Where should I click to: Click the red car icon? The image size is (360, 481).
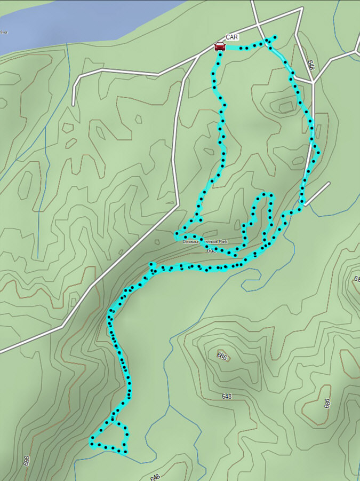220,46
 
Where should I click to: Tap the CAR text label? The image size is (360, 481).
231,37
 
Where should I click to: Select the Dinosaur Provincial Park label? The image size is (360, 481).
205,242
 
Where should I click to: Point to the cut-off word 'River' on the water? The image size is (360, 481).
4,32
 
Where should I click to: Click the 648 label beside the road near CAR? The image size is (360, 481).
310,65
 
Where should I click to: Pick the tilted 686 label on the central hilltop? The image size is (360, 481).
222,356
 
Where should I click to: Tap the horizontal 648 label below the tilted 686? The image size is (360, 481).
227,396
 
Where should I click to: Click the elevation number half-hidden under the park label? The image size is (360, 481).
212,250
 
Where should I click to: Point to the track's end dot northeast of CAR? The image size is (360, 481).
275,37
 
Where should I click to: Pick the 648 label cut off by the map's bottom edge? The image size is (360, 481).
155,477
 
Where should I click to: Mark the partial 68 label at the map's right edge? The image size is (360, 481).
357,279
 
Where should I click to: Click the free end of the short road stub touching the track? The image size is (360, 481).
329,184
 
